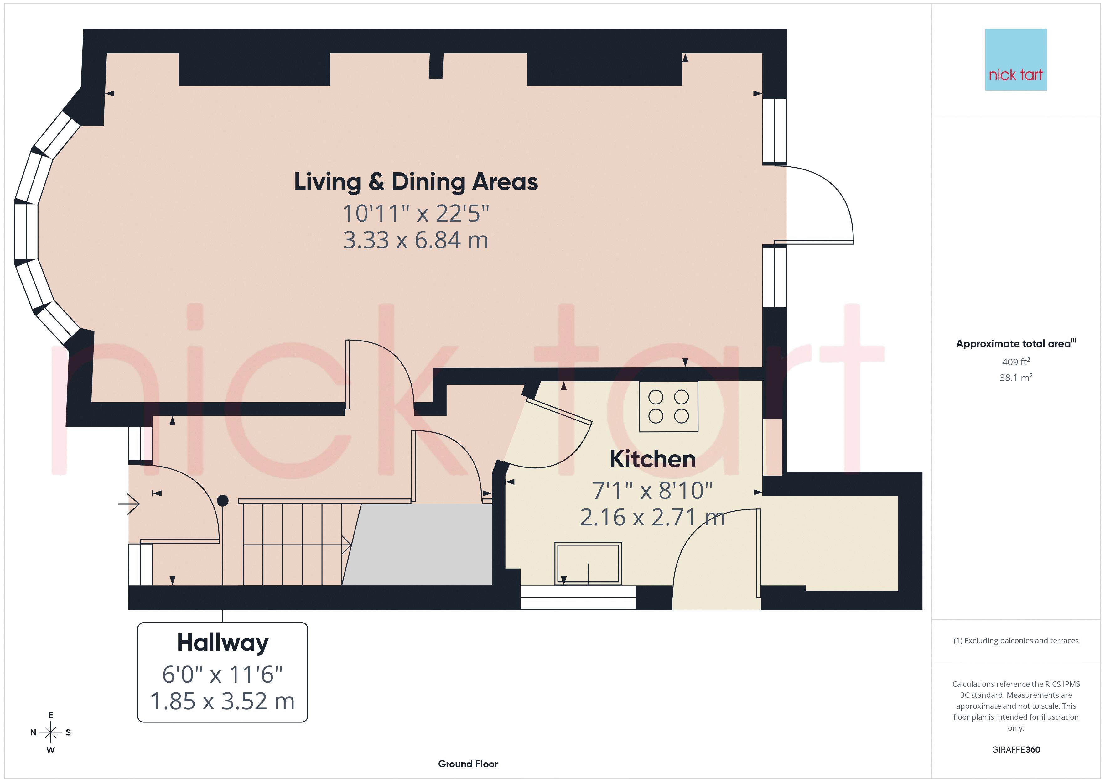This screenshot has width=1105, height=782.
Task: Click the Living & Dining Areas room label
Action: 416,182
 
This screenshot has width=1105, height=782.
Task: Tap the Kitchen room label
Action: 653,459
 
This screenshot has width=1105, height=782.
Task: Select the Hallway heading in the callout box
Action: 222,643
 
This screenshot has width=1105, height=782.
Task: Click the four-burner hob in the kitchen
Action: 668,406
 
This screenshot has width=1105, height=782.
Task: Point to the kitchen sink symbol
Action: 588,563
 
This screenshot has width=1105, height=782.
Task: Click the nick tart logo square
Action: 1016,60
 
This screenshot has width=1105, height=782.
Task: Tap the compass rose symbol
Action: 50,732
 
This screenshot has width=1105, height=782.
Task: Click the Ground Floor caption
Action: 468,764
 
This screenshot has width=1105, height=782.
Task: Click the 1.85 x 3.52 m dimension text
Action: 222,701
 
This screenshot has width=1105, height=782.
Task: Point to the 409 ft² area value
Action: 1016,362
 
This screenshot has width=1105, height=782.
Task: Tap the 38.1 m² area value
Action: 1016,378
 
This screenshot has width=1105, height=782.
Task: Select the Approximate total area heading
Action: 1016,343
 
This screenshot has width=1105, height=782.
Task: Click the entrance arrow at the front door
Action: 129,504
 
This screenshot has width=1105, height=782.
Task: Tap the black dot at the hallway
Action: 222,501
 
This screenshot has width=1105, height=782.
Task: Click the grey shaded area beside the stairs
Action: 417,545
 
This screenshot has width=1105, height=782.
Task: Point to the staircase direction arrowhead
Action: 346,545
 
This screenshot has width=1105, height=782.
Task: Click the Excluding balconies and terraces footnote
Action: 1016,640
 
